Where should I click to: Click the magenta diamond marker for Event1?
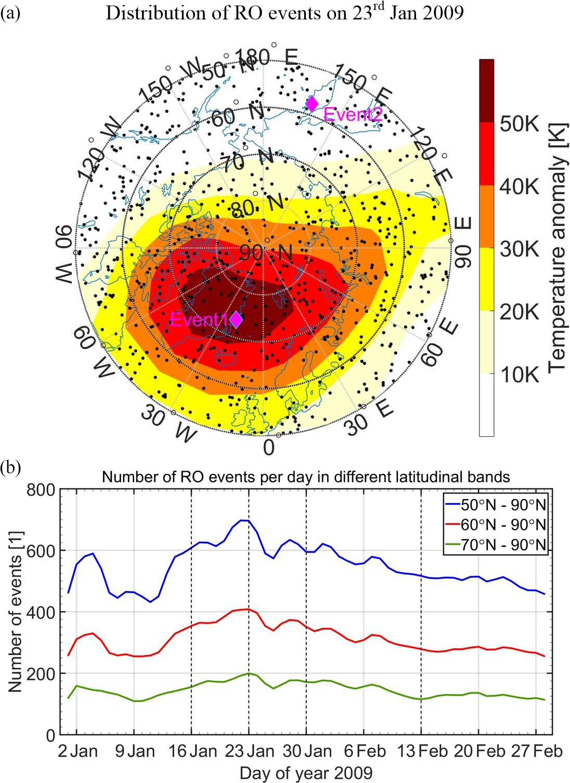236,320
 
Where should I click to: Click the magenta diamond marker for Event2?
312,104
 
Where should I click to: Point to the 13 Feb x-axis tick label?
421,751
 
